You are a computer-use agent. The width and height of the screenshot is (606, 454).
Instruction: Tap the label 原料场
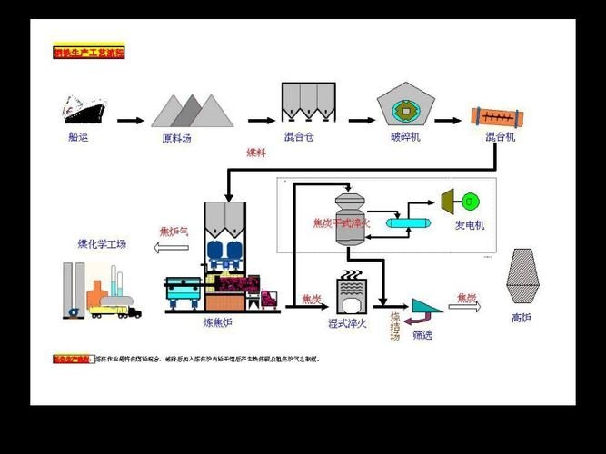(x=176, y=139)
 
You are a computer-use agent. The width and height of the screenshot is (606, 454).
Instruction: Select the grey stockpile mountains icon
(x=192, y=111)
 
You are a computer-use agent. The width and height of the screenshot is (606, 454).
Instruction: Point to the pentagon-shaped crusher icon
(x=405, y=107)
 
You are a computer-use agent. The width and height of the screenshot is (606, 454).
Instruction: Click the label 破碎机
(x=405, y=138)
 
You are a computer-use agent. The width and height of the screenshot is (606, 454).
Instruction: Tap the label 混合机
(x=501, y=137)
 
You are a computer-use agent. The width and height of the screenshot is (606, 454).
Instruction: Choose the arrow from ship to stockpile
(x=130, y=120)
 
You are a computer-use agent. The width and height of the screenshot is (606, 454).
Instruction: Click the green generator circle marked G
(x=470, y=200)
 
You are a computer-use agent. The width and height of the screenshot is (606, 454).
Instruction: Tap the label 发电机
(x=470, y=224)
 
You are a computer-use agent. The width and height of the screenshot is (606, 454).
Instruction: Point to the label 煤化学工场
(x=102, y=244)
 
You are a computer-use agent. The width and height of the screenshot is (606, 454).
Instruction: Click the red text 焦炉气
(x=174, y=231)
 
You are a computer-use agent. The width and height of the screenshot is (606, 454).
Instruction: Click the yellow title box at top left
(x=88, y=54)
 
